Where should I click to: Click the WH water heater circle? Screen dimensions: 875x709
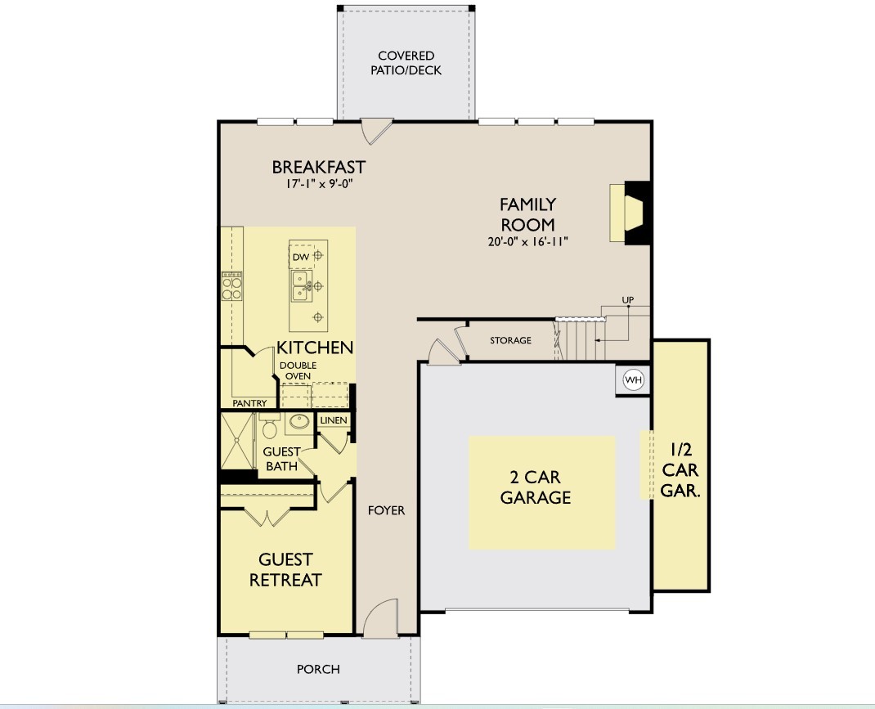pos(634,380)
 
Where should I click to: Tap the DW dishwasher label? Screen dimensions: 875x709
pos(301,257)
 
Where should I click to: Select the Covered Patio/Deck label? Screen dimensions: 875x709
pos(406,63)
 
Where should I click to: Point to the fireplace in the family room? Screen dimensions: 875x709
pos(630,213)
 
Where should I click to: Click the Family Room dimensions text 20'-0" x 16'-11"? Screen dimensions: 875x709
pos(527,242)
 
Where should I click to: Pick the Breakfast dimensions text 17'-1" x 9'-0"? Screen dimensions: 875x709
pos(320,184)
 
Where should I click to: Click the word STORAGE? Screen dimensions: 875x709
pos(510,340)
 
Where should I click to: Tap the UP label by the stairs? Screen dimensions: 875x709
pos(628,300)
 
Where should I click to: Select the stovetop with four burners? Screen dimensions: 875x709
pos(231,286)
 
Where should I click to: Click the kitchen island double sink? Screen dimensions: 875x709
pos(301,286)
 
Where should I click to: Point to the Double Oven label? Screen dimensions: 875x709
pos(298,370)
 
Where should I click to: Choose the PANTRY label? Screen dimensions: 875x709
pos(249,403)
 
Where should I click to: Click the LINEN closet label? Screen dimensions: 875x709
pos(334,420)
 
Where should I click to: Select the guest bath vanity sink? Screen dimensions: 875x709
pos(299,421)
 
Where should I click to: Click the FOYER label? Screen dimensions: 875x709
pos(386,510)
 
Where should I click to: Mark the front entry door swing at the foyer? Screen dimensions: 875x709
pos(381,618)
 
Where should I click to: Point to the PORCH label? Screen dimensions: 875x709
pos(318,669)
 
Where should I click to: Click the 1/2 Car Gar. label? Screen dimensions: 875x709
pos(680,469)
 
